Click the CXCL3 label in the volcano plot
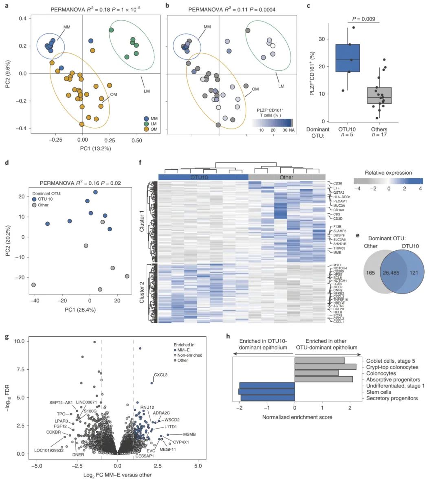click(x=161, y=375)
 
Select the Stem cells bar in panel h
click(x=266, y=392)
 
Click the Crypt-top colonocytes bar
click(x=325, y=367)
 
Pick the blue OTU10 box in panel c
click(x=347, y=58)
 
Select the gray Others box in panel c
click(x=379, y=95)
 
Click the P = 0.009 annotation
click(x=363, y=19)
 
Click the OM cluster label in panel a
click(x=113, y=94)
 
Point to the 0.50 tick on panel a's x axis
click(x=137, y=140)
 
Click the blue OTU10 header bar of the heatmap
click(x=203, y=177)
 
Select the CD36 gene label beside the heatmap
click(x=337, y=184)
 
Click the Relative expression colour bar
click(x=388, y=181)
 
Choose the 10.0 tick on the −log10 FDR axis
click(x=19, y=341)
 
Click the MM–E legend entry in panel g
click(x=183, y=350)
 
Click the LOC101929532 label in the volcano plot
click(x=48, y=450)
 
